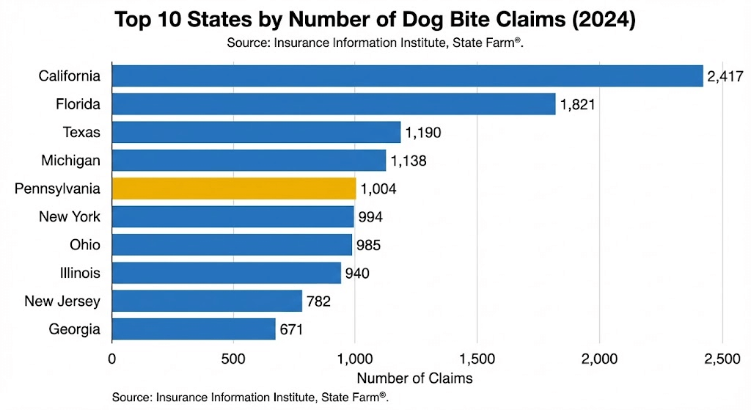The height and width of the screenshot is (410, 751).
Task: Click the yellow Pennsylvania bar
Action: tap(234, 188)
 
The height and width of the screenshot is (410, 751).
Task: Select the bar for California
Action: tap(407, 76)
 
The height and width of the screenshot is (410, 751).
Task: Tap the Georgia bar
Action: tap(194, 329)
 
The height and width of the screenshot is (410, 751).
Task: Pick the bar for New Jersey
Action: tap(207, 301)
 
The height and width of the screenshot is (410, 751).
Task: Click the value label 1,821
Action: tap(577, 104)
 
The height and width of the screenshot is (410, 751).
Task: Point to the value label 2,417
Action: tap(725, 76)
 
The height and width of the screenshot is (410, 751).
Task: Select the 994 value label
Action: tap(370, 217)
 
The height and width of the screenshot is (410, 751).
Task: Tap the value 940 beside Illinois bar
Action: tap(357, 274)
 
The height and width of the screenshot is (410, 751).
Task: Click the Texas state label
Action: tap(81, 132)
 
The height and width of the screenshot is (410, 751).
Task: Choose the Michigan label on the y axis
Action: tap(73, 161)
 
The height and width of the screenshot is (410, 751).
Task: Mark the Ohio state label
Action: tap(85, 245)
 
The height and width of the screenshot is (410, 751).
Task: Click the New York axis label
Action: tap(70, 217)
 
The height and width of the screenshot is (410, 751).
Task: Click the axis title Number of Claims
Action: tap(414, 378)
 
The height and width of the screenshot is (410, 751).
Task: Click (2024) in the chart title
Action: tap(601, 20)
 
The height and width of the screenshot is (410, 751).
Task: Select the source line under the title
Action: tap(375, 43)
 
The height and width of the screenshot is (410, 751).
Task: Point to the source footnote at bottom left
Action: tap(249, 397)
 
